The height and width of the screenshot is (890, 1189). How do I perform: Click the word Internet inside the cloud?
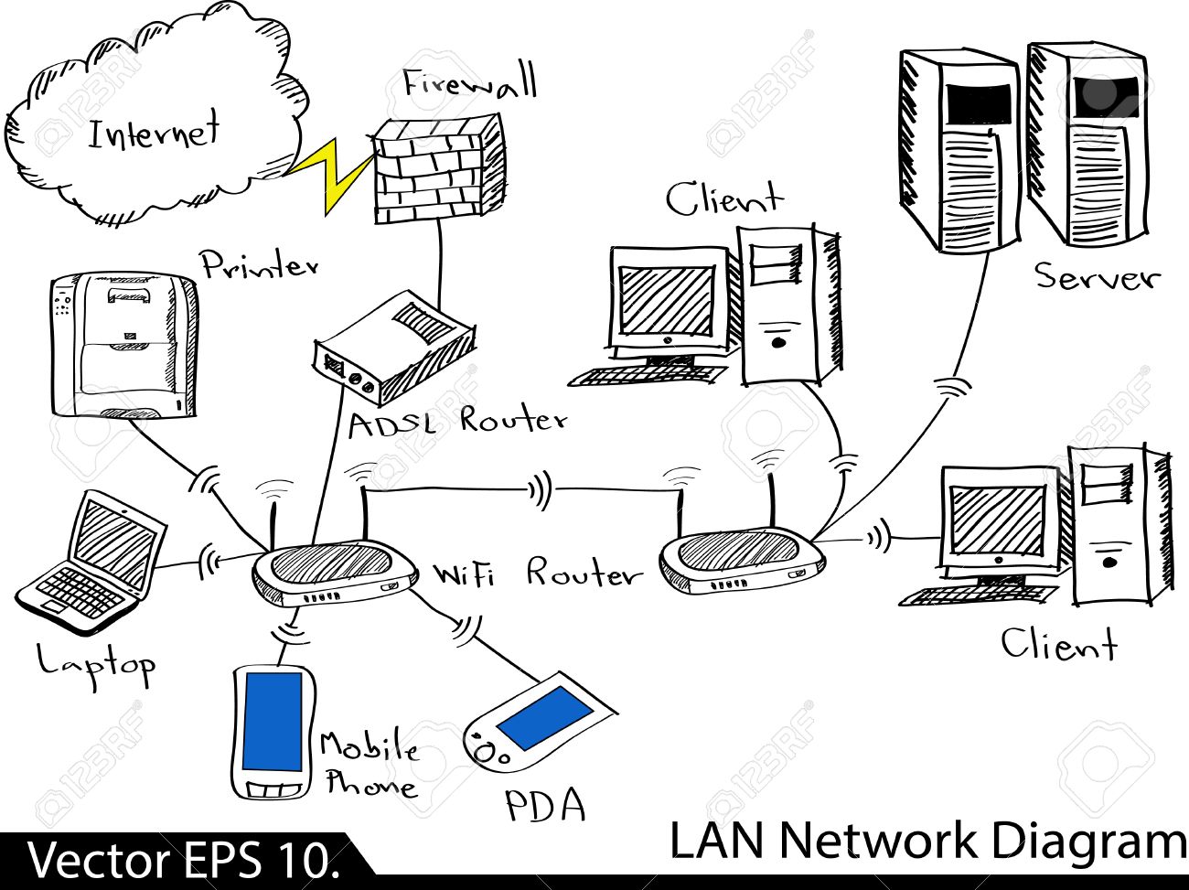(x=154, y=133)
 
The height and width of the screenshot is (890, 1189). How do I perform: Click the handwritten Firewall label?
(x=470, y=84)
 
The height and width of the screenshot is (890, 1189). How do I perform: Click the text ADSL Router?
(x=457, y=422)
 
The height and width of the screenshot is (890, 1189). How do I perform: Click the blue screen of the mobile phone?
(x=272, y=722)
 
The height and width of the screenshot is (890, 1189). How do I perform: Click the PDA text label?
(x=545, y=805)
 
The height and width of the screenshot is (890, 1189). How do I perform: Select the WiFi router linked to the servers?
(x=741, y=559)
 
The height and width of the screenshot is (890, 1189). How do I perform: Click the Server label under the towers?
(x=1097, y=276)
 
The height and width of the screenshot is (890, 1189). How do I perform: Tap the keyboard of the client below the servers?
(x=975, y=595)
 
